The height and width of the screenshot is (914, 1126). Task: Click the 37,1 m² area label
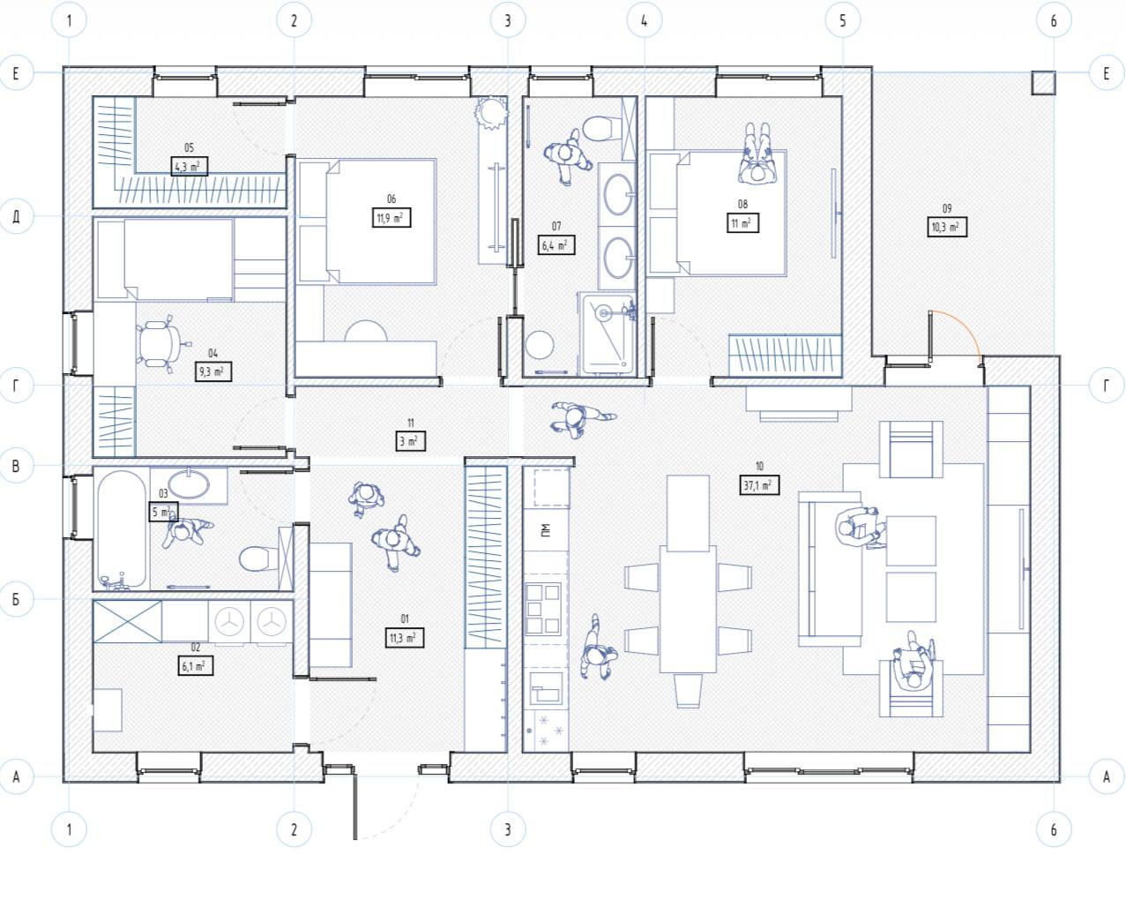click(759, 485)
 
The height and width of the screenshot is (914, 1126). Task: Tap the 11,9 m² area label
click(391, 218)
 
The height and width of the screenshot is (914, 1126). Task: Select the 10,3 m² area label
click(947, 227)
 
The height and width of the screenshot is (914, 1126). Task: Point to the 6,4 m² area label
click(556, 245)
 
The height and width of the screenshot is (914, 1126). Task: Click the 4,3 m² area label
click(190, 167)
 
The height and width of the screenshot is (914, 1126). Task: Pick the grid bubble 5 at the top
click(843, 20)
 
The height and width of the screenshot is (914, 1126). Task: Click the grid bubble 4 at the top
click(644, 20)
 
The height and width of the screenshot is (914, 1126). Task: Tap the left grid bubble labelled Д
click(17, 216)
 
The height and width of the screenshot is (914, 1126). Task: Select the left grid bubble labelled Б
click(17, 599)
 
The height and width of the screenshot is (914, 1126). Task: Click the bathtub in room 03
click(121, 530)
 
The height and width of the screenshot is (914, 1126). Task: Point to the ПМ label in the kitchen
click(546, 529)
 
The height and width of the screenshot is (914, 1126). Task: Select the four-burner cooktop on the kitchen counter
click(543, 608)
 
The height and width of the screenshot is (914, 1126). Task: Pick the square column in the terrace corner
click(1043, 83)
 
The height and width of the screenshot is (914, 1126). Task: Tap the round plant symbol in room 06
click(492, 113)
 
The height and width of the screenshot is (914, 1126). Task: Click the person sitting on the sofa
click(860, 528)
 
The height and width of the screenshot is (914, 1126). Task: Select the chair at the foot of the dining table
click(688, 690)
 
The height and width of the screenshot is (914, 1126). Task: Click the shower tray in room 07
click(608, 333)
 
